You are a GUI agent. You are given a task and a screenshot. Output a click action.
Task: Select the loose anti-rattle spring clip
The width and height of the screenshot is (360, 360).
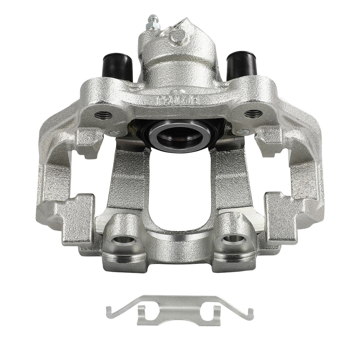click(x=180, y=310)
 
